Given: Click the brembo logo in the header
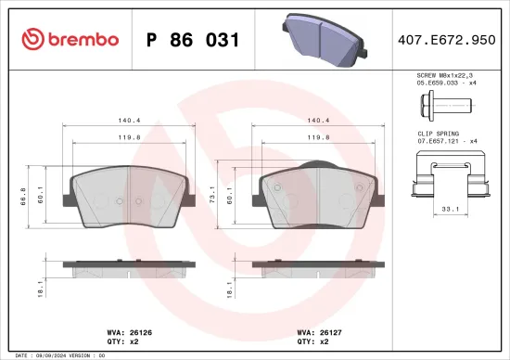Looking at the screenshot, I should tap(70, 39).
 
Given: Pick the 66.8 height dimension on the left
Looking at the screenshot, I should tap(23, 199).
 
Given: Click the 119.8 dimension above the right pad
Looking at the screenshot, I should tap(320, 136).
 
